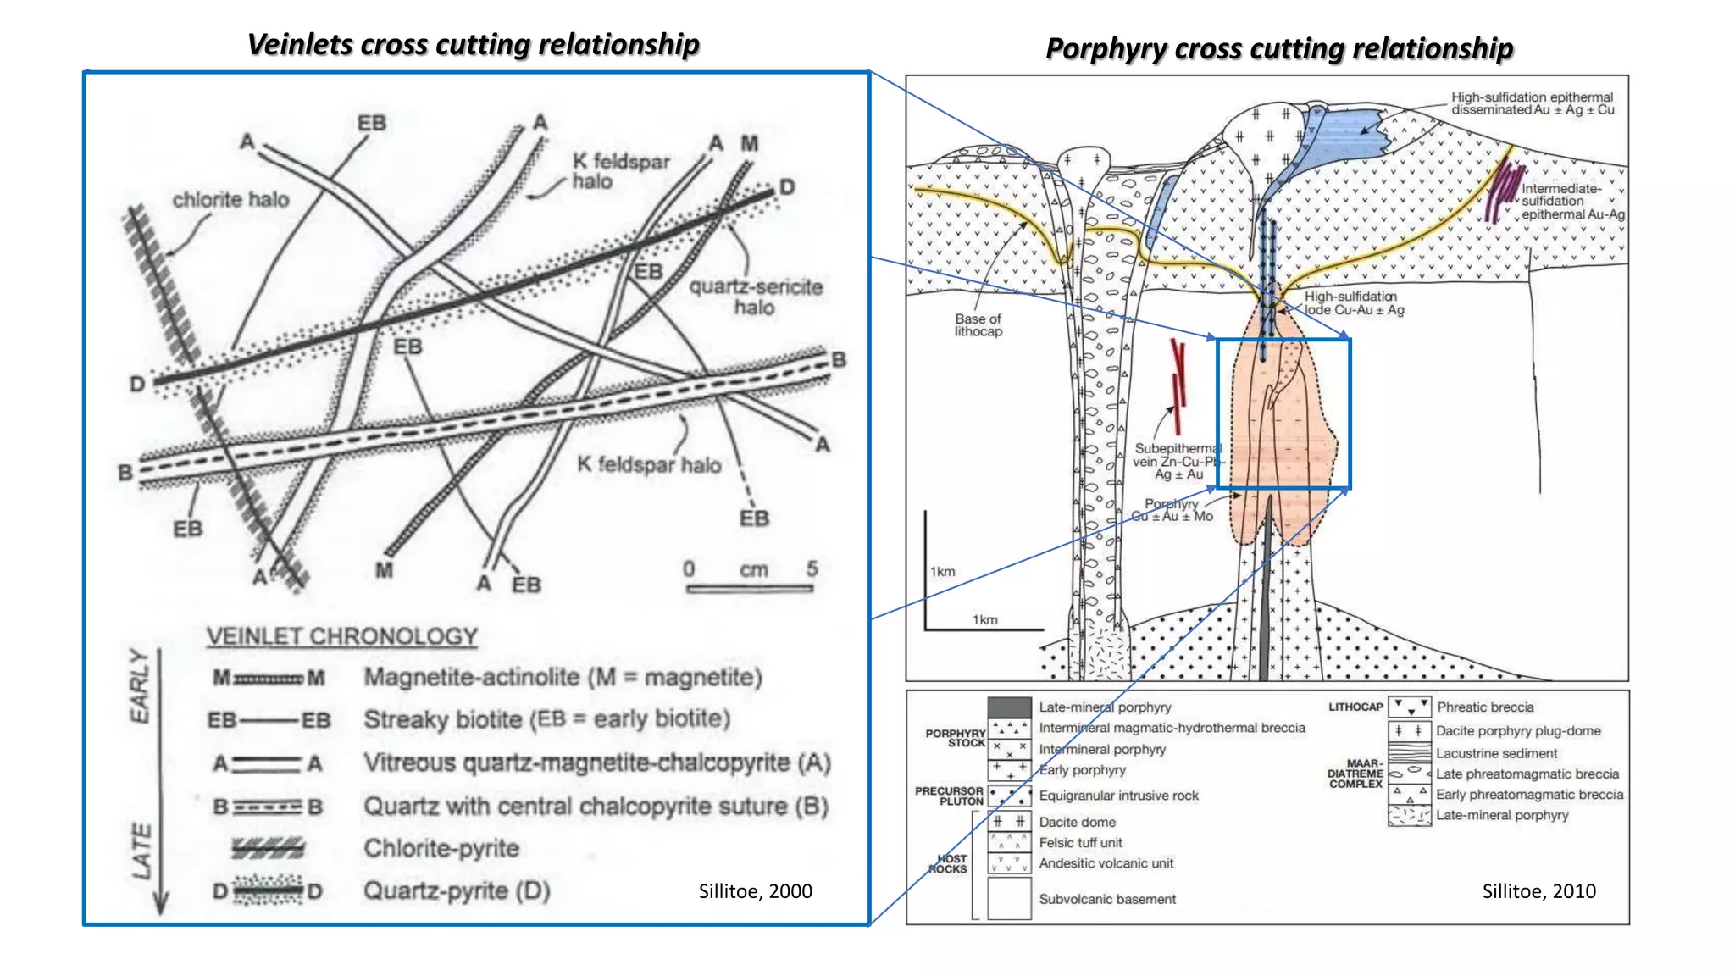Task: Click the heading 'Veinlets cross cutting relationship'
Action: point(473,44)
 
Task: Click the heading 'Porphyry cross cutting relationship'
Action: point(1278,48)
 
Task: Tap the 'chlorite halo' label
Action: point(230,200)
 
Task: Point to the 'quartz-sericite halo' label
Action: point(755,297)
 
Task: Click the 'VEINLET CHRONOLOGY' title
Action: point(342,636)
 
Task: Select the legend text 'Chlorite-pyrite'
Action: point(441,848)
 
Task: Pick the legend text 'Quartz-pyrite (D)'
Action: point(457,890)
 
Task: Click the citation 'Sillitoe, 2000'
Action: point(755,891)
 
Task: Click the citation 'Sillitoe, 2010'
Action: point(1538,891)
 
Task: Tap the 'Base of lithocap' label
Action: point(978,324)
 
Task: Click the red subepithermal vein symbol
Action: point(1178,385)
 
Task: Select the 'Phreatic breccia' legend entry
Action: point(1485,707)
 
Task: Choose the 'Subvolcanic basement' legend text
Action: point(1107,899)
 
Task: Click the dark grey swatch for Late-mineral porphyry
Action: point(1009,707)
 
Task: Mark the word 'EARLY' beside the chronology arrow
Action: point(140,686)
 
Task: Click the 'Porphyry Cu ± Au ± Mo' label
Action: point(1172,510)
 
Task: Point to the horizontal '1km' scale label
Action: point(984,619)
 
